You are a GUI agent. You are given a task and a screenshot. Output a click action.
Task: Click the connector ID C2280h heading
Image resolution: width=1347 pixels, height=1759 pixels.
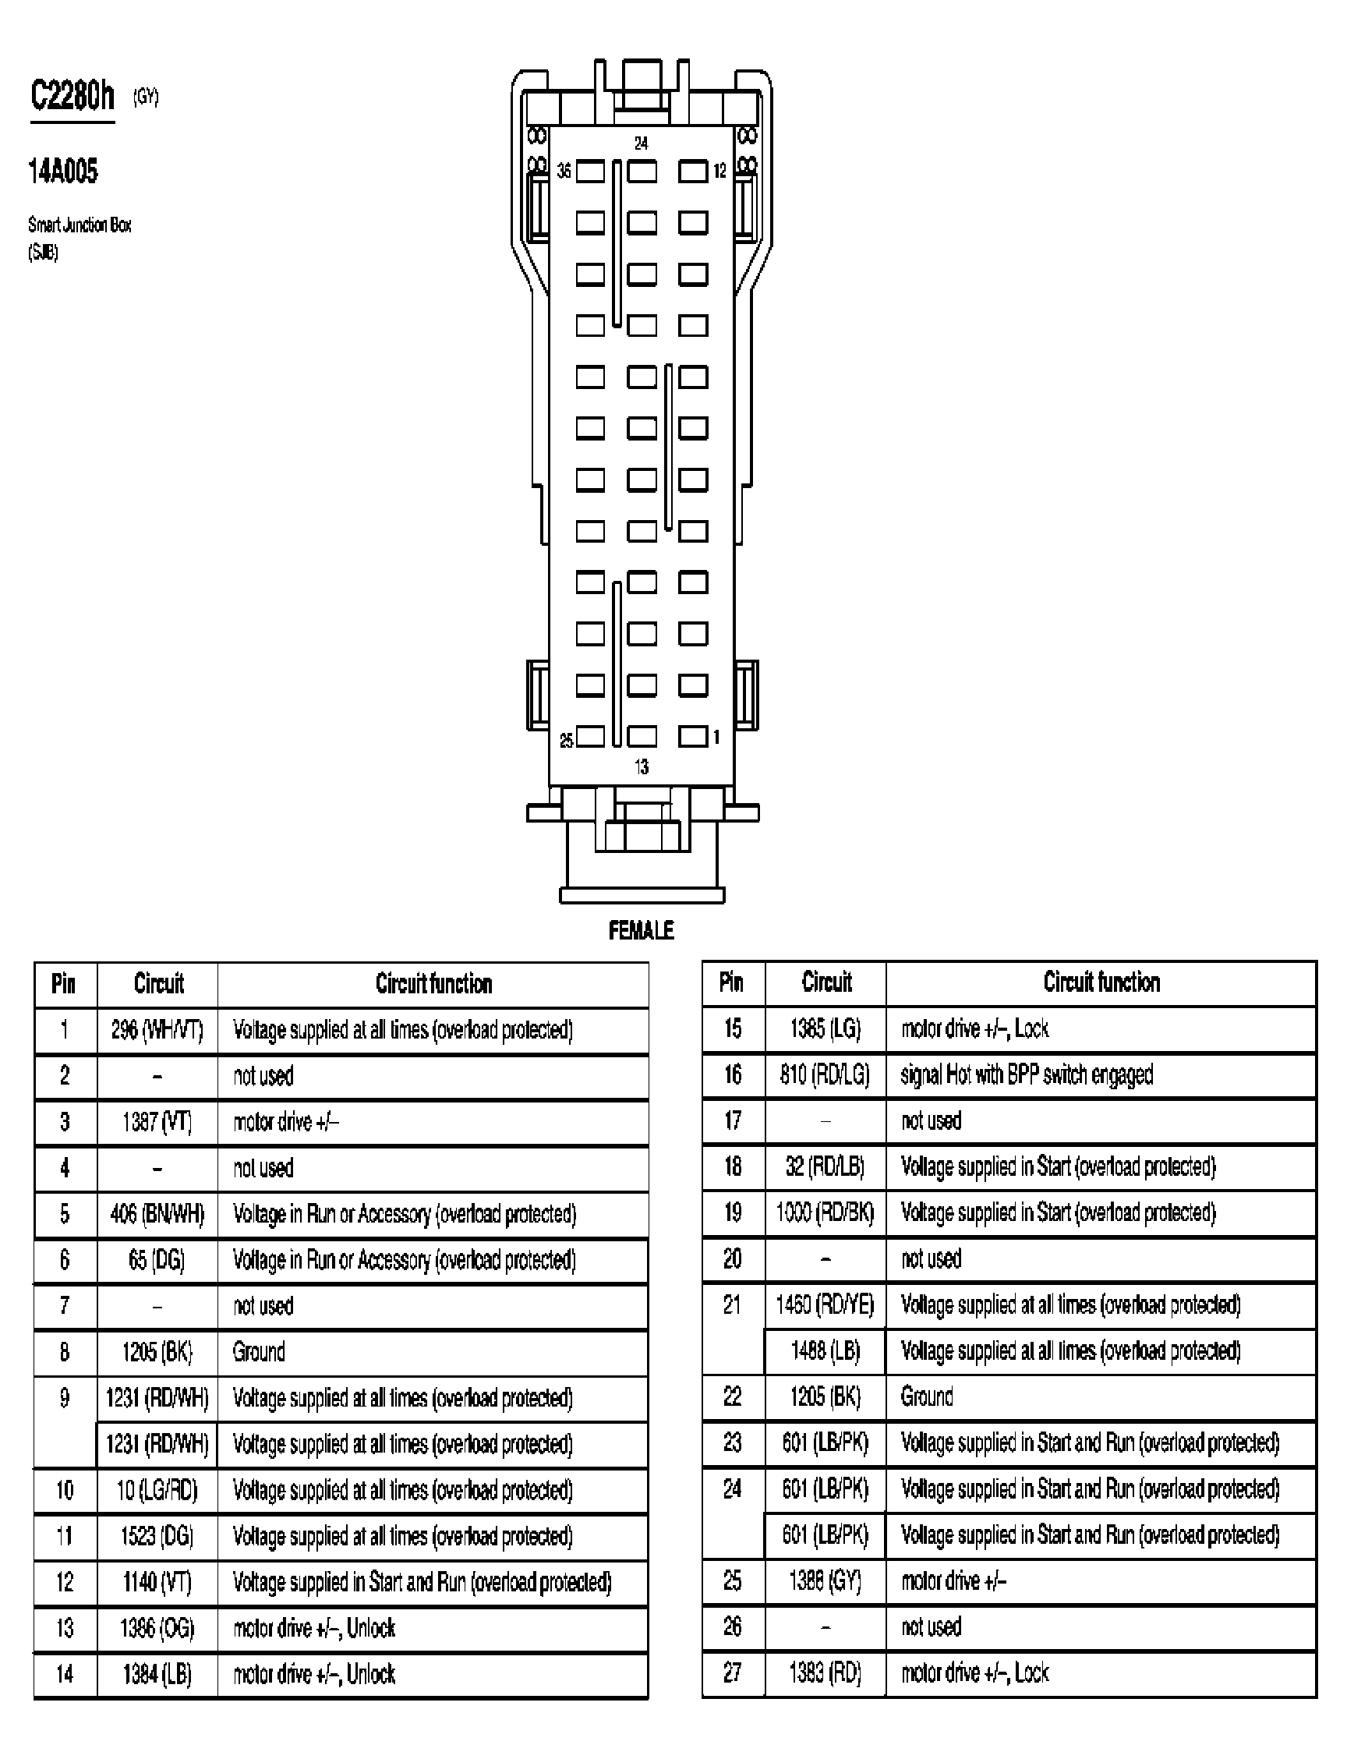(x=72, y=96)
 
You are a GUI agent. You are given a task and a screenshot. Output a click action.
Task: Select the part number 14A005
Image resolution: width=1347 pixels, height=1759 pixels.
(x=62, y=171)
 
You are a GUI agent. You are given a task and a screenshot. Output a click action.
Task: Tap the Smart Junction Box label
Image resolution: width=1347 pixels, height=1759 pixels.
(x=80, y=225)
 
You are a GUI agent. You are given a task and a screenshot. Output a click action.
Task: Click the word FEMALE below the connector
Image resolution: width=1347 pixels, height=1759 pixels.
(x=641, y=930)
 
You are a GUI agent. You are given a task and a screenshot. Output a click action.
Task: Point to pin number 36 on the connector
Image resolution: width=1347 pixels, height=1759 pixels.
(x=564, y=172)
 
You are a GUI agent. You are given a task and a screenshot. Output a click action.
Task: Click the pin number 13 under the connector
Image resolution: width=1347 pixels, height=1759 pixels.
(x=642, y=766)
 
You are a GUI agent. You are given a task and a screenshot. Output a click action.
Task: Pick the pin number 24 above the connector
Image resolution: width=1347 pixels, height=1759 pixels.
(x=641, y=143)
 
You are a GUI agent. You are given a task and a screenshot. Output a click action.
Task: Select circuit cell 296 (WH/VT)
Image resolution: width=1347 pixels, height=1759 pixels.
(x=157, y=1030)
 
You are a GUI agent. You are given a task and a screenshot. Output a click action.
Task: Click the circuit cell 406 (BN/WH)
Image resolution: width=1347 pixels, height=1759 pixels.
(x=157, y=1214)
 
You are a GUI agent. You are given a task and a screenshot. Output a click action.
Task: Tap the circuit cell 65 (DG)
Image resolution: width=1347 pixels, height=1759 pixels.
(x=157, y=1260)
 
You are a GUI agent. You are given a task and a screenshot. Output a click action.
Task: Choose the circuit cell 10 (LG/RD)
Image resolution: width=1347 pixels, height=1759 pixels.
(x=157, y=1490)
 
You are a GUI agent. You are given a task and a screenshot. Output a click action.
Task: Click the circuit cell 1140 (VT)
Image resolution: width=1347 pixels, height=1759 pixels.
(x=157, y=1582)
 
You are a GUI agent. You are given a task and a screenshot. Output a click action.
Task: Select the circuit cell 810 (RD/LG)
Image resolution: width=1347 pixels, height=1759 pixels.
(x=825, y=1074)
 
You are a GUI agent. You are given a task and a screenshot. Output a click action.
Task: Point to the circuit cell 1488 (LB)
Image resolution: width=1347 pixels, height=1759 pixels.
(x=825, y=1350)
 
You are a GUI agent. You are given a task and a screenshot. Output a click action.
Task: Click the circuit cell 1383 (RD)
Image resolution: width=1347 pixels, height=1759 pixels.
(x=825, y=1672)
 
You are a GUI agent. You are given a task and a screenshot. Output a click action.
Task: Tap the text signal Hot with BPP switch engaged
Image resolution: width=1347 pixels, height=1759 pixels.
(x=1027, y=1074)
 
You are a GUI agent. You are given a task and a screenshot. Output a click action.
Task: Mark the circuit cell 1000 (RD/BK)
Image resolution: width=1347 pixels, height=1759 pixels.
(x=825, y=1212)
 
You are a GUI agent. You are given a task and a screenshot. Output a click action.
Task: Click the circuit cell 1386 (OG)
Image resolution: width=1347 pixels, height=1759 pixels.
(x=157, y=1628)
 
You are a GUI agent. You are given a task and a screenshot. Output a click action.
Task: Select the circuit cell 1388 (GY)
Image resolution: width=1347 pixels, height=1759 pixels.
(x=825, y=1581)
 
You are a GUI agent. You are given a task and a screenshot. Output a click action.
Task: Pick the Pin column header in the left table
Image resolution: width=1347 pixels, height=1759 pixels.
(x=64, y=983)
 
